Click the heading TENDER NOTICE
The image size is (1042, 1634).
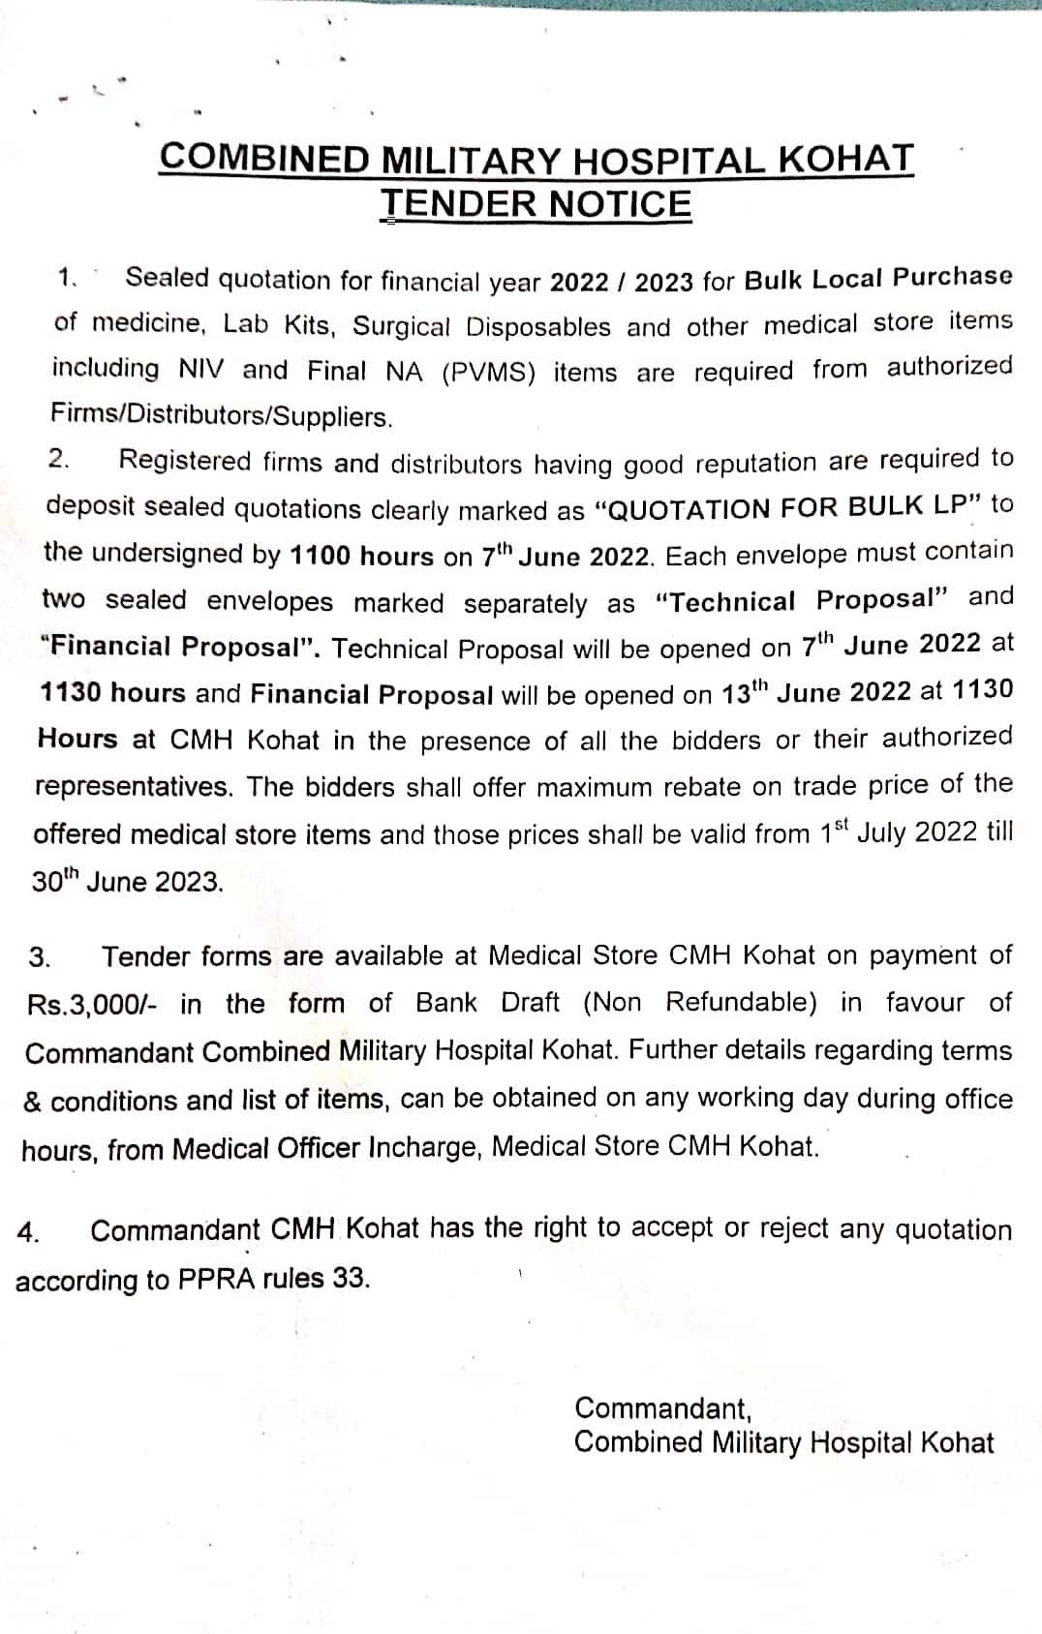(536, 204)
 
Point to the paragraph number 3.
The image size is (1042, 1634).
(40, 958)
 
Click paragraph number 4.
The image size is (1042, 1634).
(28, 1232)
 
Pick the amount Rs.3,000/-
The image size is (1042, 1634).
(90, 1005)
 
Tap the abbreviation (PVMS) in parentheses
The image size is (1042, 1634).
(488, 373)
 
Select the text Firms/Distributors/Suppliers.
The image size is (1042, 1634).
(222, 417)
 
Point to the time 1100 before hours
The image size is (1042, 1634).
(322, 556)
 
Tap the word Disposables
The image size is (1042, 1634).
(538, 327)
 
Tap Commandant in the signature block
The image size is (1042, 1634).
(661, 1408)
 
